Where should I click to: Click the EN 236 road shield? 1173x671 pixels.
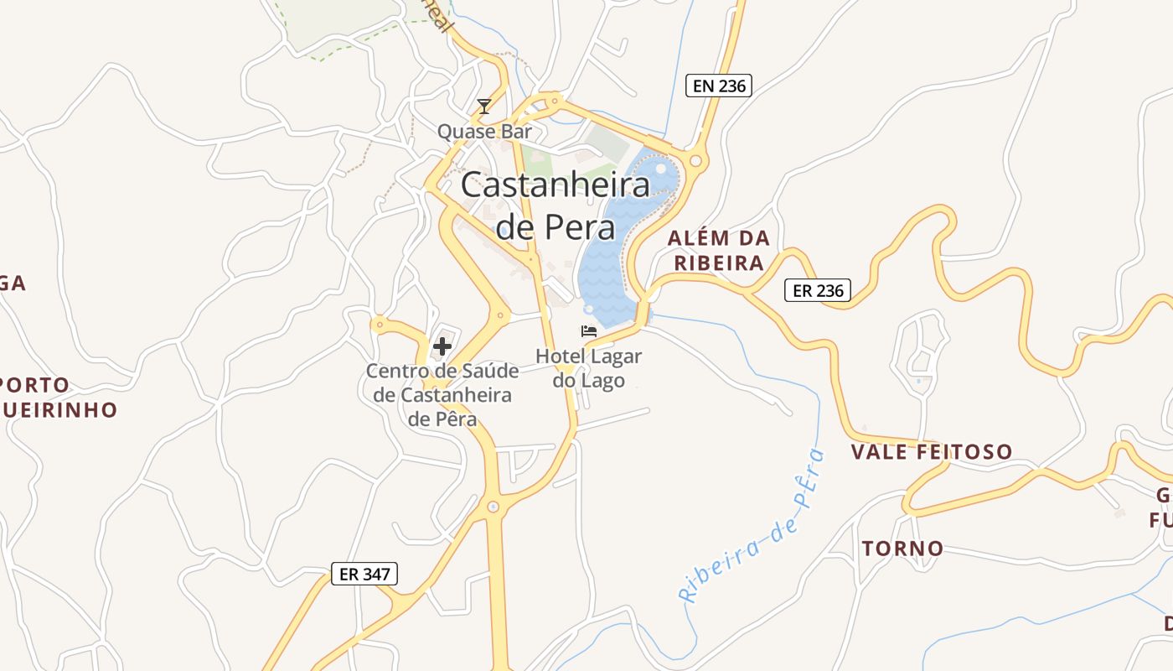tap(718, 85)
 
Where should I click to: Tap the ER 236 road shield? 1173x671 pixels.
tap(818, 290)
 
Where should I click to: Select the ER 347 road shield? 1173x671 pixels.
tap(364, 574)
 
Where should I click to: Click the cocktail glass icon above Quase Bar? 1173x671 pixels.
tap(483, 107)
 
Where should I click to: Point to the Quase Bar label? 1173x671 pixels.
tap(484, 132)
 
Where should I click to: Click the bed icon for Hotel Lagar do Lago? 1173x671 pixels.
tap(589, 331)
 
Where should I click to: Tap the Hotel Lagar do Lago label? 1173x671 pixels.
tap(589, 368)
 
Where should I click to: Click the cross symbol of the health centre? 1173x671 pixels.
tap(442, 346)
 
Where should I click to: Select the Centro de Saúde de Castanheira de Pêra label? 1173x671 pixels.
tap(442, 394)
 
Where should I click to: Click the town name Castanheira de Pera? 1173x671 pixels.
tap(555, 205)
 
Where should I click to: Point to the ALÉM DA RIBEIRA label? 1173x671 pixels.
tap(719, 250)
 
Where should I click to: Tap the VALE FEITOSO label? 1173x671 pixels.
tap(932, 452)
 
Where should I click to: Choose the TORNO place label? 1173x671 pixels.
tap(902, 549)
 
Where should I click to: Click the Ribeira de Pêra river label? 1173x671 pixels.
tap(753, 528)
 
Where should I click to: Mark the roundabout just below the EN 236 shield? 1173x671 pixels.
tap(695, 160)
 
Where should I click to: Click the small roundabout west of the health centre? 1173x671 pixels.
tap(380, 323)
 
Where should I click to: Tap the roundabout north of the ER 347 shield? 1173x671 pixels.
tap(493, 507)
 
